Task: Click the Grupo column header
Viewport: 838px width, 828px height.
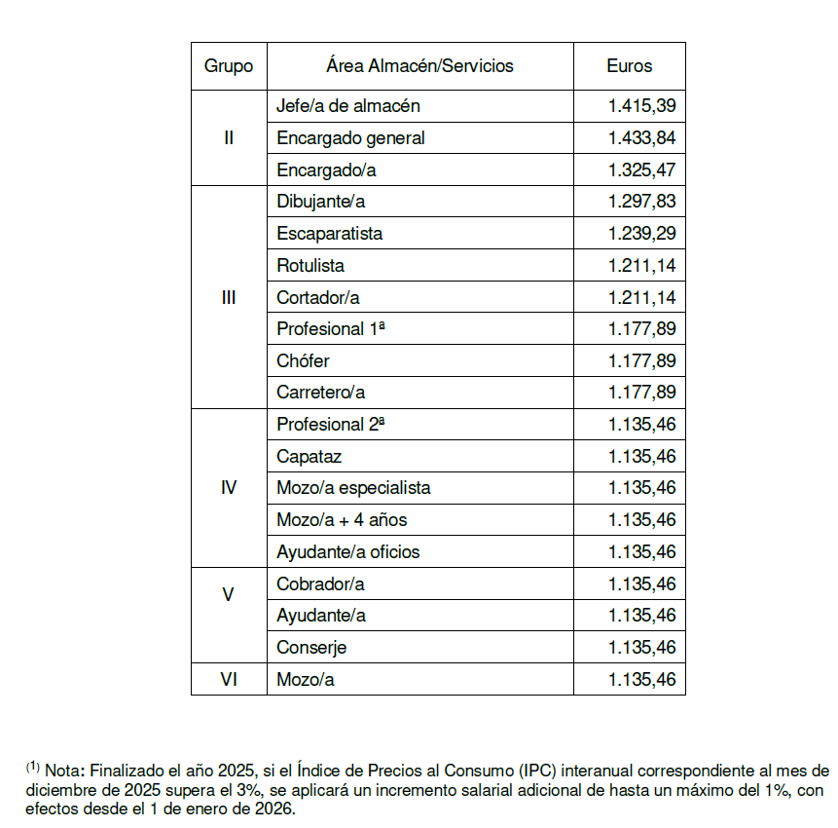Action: (229, 66)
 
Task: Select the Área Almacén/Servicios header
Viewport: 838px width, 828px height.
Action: (419, 66)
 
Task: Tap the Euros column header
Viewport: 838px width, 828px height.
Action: (629, 66)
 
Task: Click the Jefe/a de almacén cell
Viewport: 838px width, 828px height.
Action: (348, 106)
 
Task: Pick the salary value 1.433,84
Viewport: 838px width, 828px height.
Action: (641, 138)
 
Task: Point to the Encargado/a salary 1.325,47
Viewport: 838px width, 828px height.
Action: (641, 170)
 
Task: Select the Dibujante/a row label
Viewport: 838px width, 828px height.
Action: (320, 202)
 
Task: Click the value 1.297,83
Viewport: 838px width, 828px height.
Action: (641, 202)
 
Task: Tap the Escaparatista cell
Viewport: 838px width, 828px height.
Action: (329, 234)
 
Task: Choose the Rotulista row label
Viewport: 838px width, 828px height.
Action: (310, 265)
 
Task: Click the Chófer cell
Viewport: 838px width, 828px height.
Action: (303, 360)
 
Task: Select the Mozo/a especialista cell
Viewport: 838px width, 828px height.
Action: (353, 488)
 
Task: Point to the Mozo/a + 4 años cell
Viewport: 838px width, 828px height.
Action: (342, 520)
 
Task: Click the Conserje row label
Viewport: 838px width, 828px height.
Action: (311, 648)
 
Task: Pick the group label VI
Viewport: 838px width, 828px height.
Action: (229, 680)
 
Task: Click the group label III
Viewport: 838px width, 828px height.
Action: (229, 297)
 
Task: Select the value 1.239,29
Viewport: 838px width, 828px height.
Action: (641, 234)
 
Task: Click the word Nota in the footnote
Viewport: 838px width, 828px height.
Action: (63, 768)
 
